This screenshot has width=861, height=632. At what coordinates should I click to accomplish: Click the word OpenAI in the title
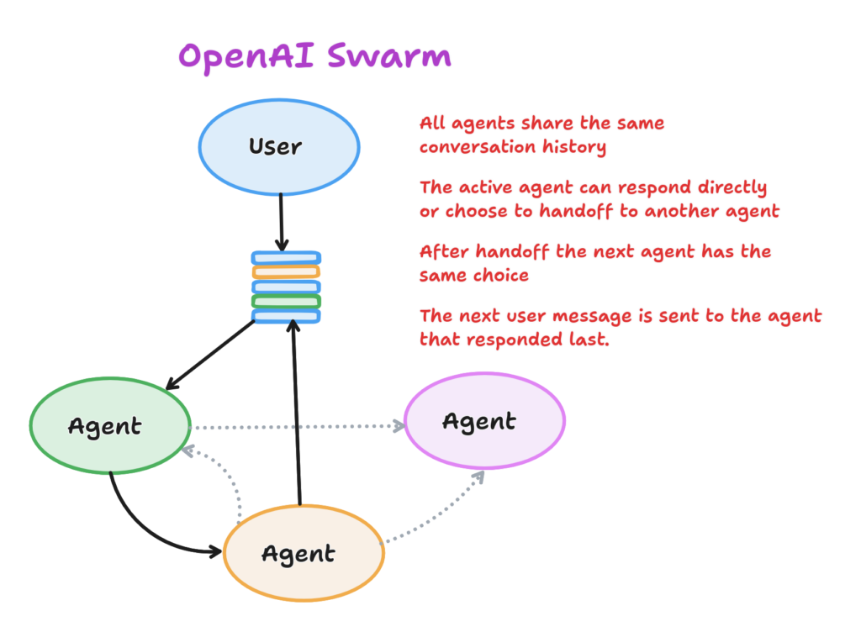pyautogui.click(x=246, y=57)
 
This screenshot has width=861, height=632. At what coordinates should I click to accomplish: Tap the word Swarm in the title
pyautogui.click(x=389, y=55)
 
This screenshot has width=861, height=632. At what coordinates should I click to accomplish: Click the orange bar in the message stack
pyautogui.click(x=286, y=271)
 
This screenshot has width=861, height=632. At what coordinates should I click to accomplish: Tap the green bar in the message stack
pyautogui.click(x=286, y=301)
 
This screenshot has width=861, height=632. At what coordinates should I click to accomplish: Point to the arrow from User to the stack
pyautogui.click(x=281, y=222)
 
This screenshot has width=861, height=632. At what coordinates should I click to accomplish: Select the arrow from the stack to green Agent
pyautogui.click(x=210, y=355)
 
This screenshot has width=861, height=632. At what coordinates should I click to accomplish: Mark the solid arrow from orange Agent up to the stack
pyautogui.click(x=297, y=413)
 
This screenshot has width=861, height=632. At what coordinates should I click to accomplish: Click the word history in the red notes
pyautogui.click(x=574, y=146)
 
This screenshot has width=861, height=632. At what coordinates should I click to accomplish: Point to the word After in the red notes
pyautogui.click(x=444, y=251)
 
